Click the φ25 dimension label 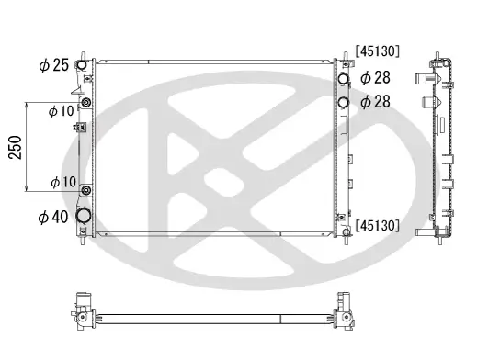pyautogui.click(x=54, y=65)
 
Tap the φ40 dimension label pyautogui.click(x=54, y=218)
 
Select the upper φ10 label pyautogui.click(x=62, y=111)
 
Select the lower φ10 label pyautogui.click(x=62, y=182)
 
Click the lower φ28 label pyautogui.click(x=377, y=102)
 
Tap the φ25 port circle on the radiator pyautogui.click(x=84, y=66)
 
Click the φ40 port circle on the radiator pyautogui.click(x=85, y=217)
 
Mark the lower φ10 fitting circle pyautogui.click(x=85, y=191)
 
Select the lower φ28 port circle pyautogui.click(x=343, y=102)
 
